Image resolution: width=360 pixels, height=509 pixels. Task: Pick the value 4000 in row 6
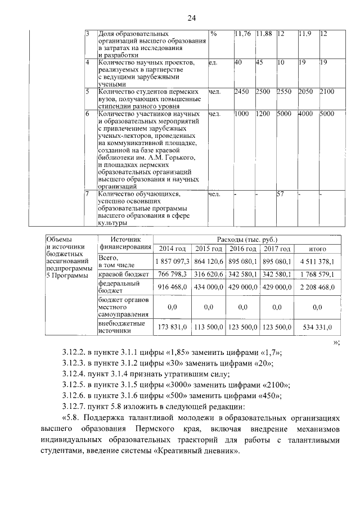306,114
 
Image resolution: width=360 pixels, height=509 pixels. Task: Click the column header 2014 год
172,249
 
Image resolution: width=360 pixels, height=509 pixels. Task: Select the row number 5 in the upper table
87,91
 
